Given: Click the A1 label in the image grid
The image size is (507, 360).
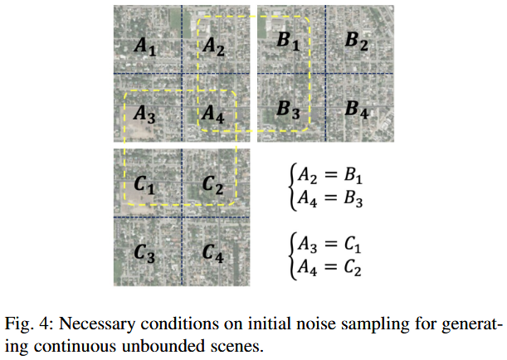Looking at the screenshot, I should [144, 48].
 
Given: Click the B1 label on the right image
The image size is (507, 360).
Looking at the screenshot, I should [289, 42].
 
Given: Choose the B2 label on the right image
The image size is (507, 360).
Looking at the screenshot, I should [357, 42].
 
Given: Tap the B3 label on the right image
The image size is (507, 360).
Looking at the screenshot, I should [289, 108].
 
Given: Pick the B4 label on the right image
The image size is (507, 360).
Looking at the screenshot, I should [357, 108].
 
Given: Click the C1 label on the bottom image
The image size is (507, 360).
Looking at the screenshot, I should [144, 184].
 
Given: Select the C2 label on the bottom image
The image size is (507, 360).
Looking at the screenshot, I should [213, 184].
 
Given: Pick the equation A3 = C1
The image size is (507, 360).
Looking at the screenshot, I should [327, 246].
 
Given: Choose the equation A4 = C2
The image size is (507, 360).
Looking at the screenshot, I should [327, 268].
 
